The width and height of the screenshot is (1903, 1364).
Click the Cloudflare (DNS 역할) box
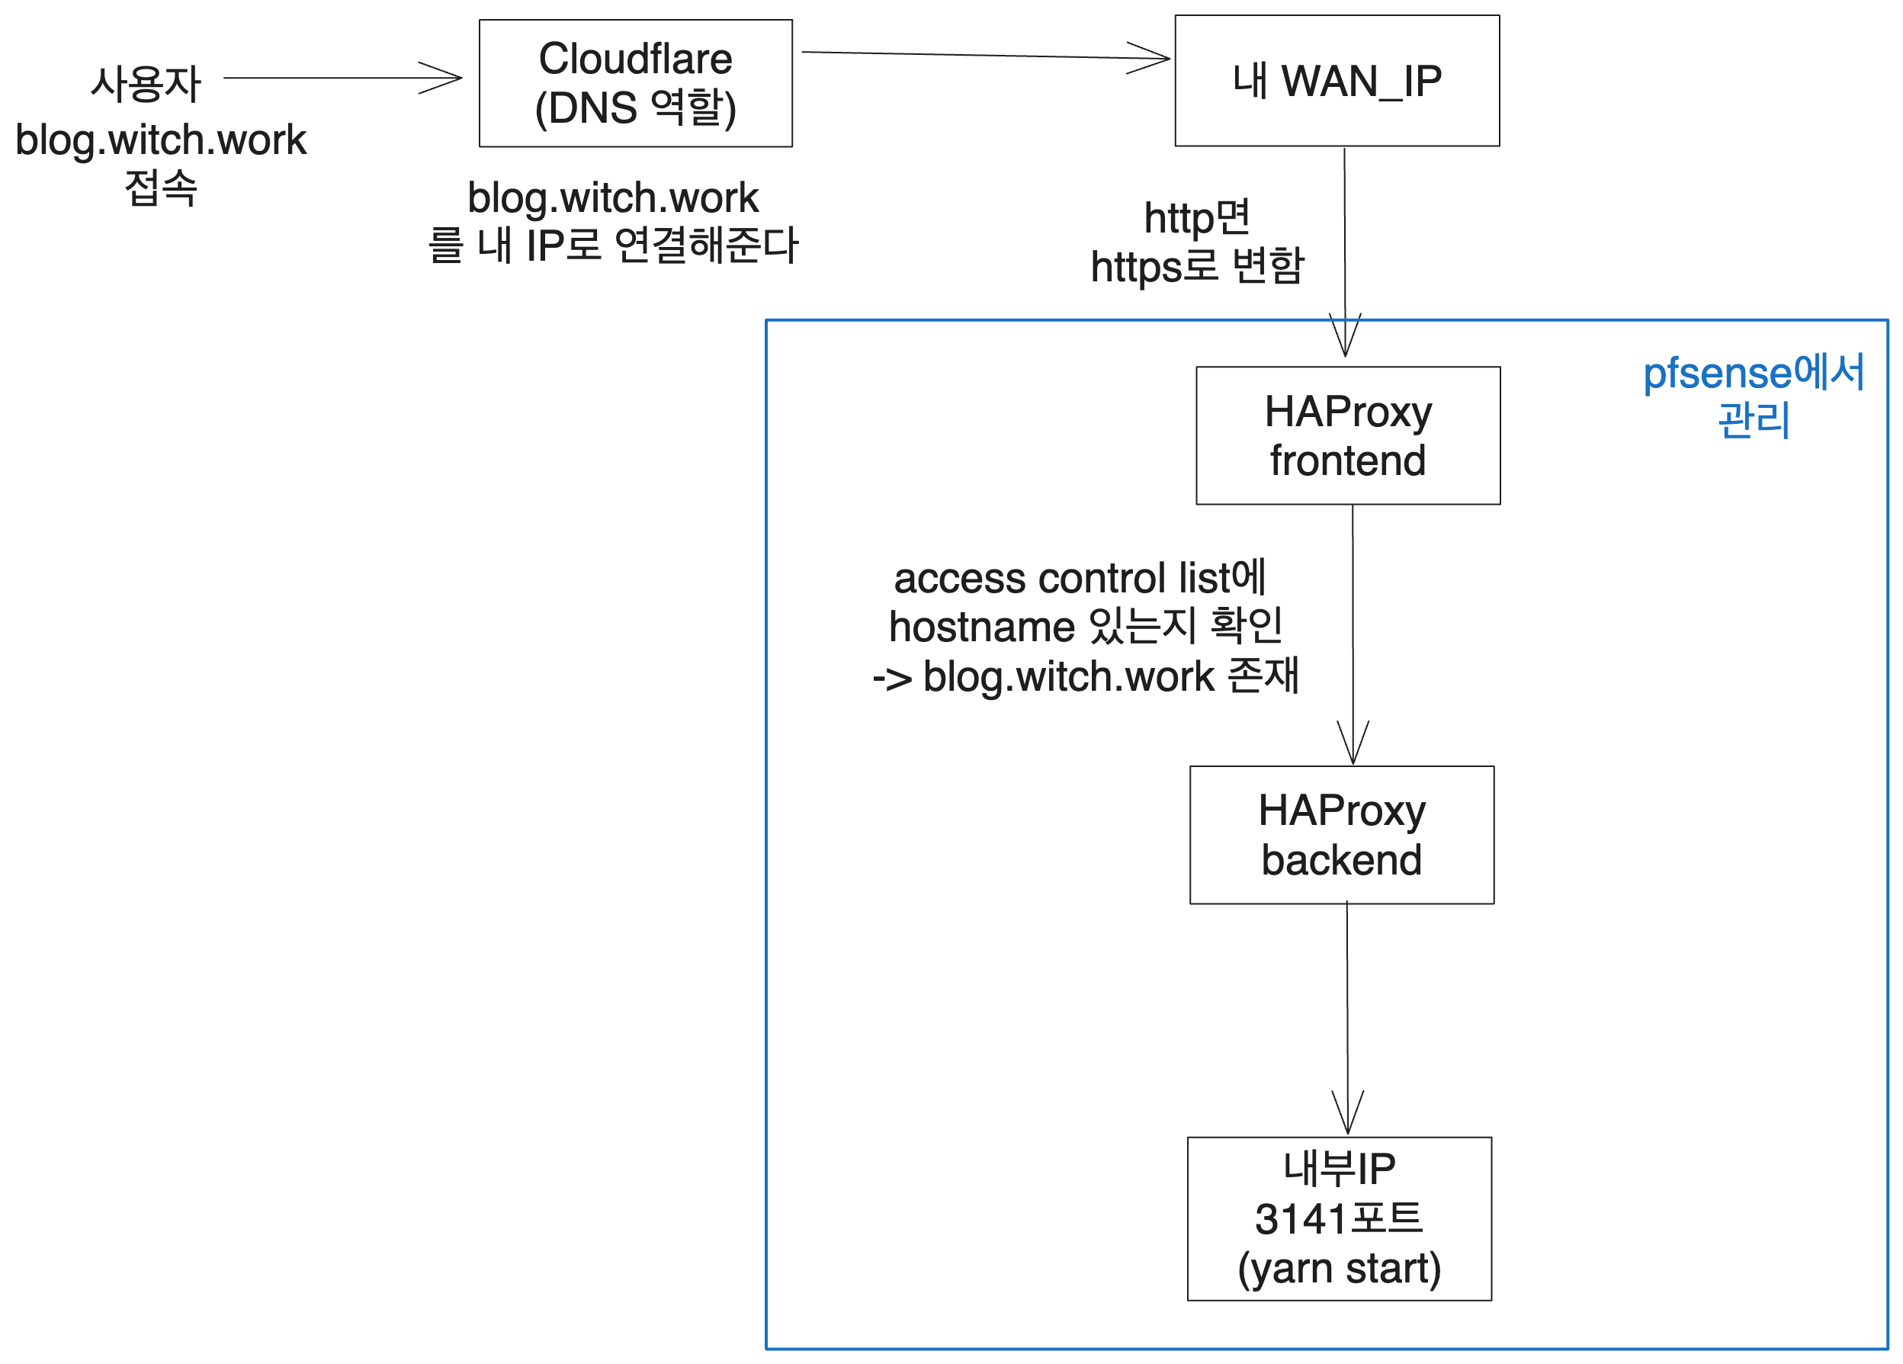click(635, 83)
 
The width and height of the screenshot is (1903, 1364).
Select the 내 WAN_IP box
click(1337, 81)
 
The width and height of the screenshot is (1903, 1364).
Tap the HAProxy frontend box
click(1347, 435)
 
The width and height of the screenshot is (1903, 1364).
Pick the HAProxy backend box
click(1341, 835)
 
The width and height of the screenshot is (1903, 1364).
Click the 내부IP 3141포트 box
click(1338, 1218)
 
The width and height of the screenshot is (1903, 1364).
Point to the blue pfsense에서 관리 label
click(1753, 395)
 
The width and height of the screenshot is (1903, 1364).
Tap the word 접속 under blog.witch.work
click(160, 187)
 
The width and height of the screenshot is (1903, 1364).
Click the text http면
click(1196, 217)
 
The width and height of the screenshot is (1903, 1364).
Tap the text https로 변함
click(1196, 266)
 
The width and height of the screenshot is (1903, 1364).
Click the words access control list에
click(1079, 578)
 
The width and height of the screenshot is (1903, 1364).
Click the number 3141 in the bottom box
click(1300, 1219)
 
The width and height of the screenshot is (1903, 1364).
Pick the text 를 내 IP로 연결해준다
click(612, 245)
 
